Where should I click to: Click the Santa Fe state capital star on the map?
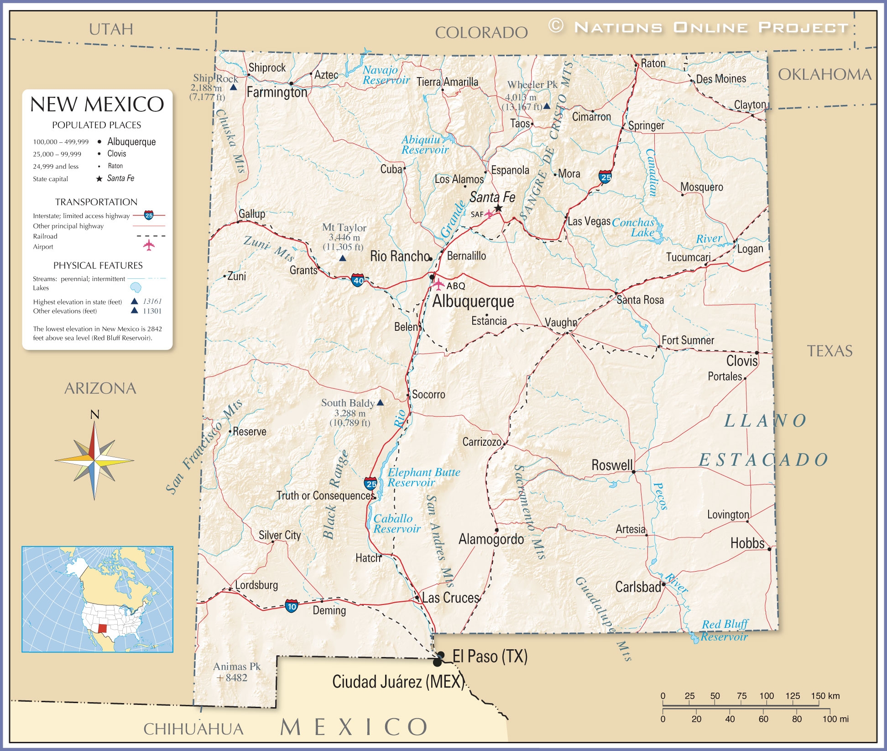coord(498,209)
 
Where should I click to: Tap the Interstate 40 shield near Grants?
coord(358,280)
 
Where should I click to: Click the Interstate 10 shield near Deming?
coord(292,606)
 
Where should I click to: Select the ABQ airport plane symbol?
coord(438,285)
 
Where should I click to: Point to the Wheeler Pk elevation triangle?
coord(547,106)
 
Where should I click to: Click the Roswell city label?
coord(612,465)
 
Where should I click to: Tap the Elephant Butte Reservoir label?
coord(423,477)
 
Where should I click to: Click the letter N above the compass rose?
coord(94,414)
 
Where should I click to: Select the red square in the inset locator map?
coord(102,628)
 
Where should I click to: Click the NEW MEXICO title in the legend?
coord(97,104)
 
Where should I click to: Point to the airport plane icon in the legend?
coord(149,245)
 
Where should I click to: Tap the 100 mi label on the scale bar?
coord(835,719)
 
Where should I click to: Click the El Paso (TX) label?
coord(490,656)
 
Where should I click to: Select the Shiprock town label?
coord(267,68)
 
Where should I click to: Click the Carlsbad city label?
coord(638,587)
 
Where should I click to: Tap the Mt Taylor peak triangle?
coord(343,258)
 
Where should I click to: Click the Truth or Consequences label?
coord(325,495)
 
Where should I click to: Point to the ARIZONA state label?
coord(100,388)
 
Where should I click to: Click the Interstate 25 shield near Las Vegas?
coord(605,177)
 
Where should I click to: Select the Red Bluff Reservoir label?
coord(725,630)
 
